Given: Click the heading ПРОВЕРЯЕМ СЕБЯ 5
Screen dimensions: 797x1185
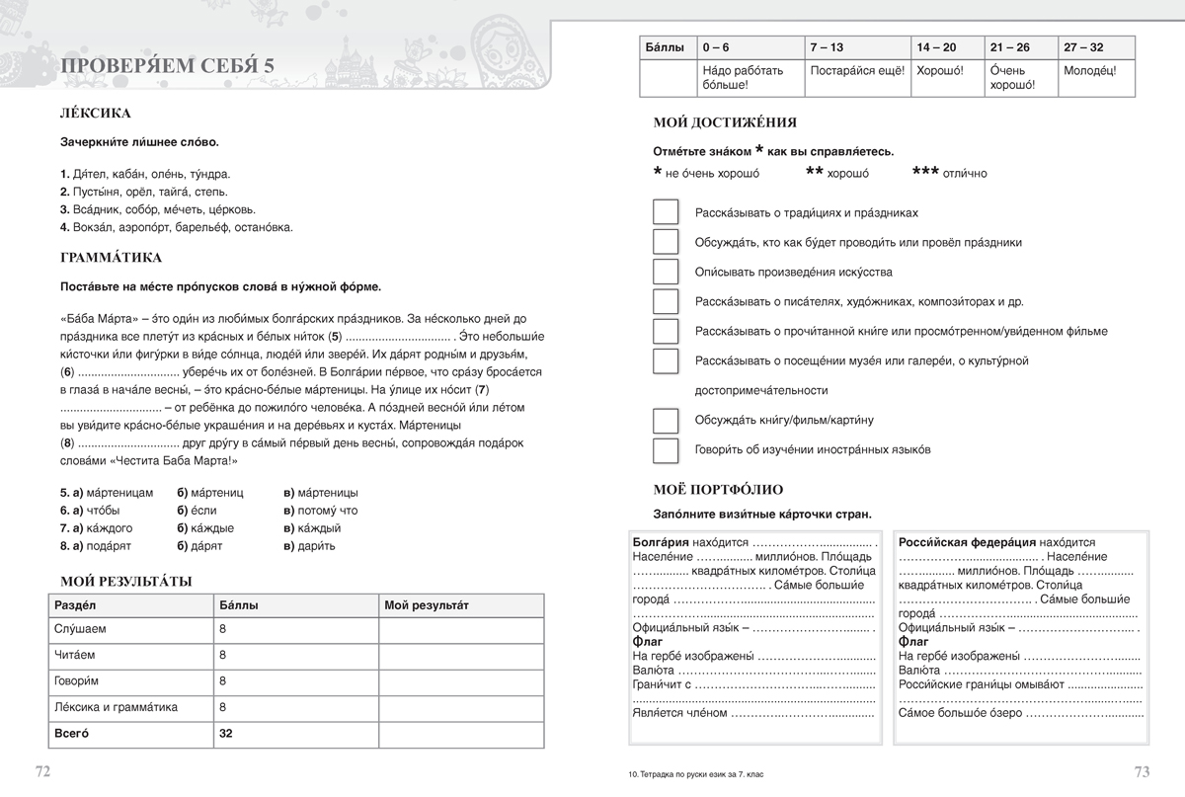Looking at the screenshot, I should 168,66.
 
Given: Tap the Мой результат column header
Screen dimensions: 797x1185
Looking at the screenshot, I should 427,603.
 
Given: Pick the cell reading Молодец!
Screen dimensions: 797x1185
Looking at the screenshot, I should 1090,71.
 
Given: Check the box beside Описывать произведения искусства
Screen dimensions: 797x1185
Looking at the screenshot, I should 667,272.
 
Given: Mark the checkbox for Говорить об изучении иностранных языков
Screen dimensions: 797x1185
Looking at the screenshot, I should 667,450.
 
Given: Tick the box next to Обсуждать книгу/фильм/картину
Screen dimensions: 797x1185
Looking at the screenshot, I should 667,421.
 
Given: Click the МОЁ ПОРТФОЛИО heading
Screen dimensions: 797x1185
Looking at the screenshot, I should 718,488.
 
